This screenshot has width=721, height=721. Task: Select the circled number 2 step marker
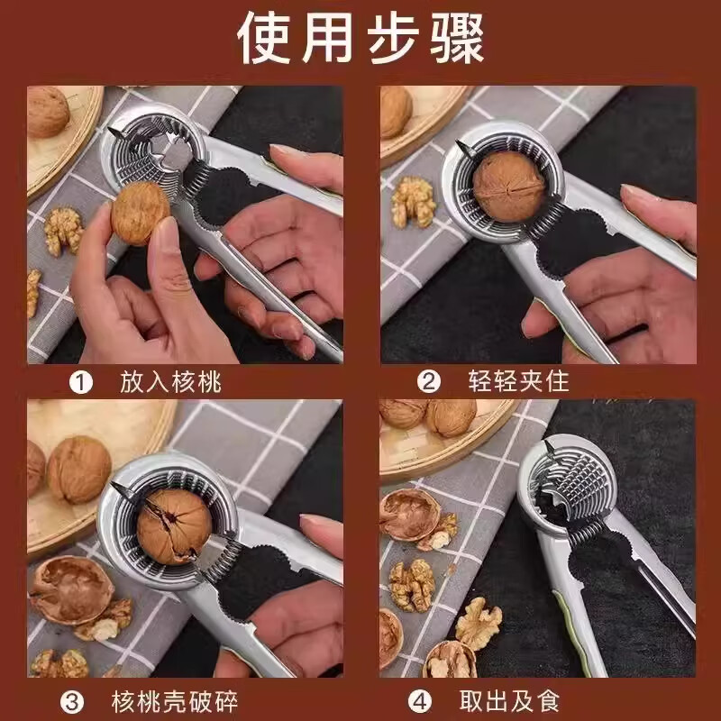point(430,383)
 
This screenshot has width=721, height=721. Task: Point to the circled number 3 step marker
point(72,699)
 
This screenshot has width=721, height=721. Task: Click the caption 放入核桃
point(170,383)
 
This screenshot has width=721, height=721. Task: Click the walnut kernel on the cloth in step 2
point(414,200)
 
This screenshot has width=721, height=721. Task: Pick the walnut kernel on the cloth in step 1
point(63,231)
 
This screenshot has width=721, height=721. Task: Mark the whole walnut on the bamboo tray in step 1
point(47,112)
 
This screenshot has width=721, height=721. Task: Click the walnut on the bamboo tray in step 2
point(395,110)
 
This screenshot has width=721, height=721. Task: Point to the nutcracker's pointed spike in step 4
point(549,448)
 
